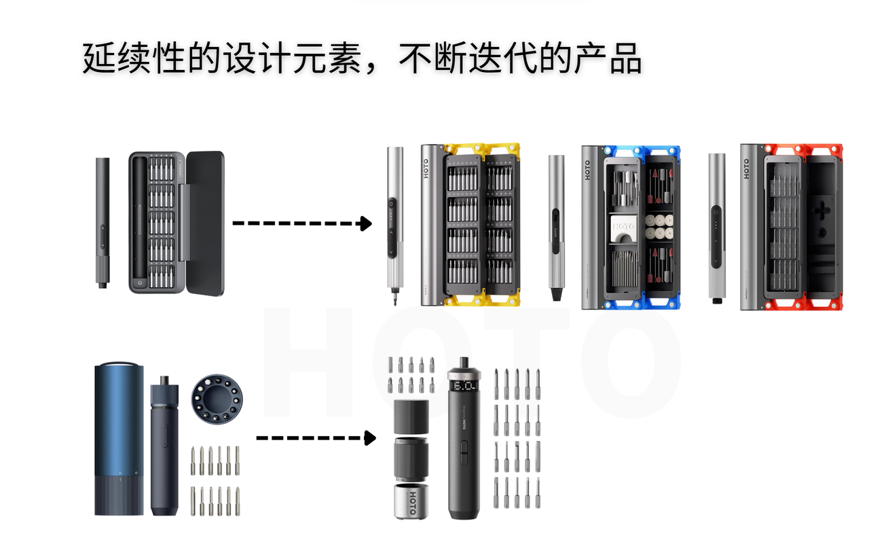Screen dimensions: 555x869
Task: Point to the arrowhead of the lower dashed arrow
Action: point(370,438)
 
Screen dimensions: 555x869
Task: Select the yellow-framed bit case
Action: point(470,224)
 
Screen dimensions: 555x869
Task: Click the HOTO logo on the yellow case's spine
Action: point(426,168)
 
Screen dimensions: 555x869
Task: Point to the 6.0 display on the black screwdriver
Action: point(464,385)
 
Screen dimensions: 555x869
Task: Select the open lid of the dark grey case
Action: point(204,223)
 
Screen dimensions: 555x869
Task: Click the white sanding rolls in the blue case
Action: point(659,227)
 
